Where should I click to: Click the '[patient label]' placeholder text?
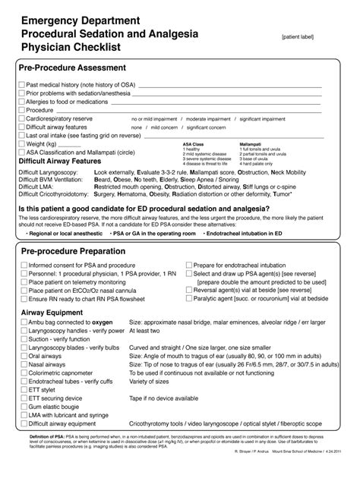pyautogui.click(x=302, y=36)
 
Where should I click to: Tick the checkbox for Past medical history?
pyautogui.click(x=21, y=85)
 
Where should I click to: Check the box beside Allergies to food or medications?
pyautogui.click(x=21, y=102)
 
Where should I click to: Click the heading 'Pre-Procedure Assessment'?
pyautogui.click(x=72, y=69)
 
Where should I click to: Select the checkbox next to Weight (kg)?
pyautogui.click(x=21, y=143)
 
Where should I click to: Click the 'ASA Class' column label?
pyautogui.click(x=194, y=143)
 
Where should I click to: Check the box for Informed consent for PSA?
pyautogui.click(x=21, y=266)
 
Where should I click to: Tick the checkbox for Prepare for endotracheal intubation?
pyautogui.click(x=187, y=266)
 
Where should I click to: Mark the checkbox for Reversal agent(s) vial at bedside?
pyautogui.click(x=187, y=291)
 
